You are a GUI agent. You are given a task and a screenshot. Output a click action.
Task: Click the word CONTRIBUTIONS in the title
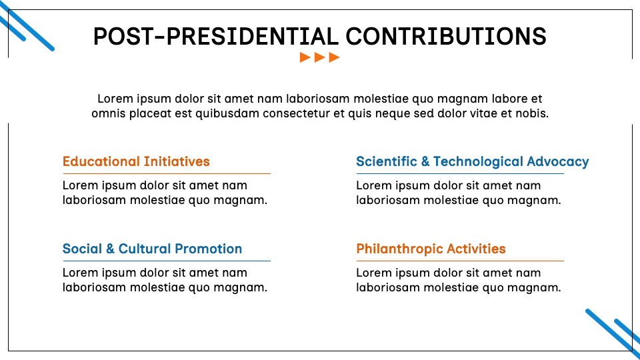click(446, 36)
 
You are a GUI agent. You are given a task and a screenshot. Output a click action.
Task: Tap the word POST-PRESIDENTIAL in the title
click(216, 36)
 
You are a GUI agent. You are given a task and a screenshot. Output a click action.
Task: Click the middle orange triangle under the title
click(320, 57)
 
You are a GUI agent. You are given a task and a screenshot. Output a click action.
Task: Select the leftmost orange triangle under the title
click(305, 57)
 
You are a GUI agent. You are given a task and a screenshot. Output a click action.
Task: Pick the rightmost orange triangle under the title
click(335, 57)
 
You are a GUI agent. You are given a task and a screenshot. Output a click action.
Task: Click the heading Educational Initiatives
click(136, 161)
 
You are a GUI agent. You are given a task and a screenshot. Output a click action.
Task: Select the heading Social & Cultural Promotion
click(152, 249)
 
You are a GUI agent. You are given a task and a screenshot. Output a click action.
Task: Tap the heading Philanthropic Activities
click(431, 249)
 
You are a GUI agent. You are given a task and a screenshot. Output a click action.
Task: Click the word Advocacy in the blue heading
click(558, 162)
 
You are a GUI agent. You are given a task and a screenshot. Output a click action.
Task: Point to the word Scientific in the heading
click(387, 161)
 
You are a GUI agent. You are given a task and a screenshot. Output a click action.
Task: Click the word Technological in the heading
click(478, 162)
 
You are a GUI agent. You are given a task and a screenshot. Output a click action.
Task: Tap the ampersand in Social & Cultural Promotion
click(110, 249)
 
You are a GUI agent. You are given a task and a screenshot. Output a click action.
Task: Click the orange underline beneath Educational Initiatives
click(167, 174)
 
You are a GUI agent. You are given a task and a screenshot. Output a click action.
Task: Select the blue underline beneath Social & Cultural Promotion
click(167, 261)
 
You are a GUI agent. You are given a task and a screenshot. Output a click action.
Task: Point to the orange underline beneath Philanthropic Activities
click(460, 261)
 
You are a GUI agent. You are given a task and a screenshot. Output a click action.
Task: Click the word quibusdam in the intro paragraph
click(227, 114)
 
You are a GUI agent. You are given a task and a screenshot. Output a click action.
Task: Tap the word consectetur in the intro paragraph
click(297, 113)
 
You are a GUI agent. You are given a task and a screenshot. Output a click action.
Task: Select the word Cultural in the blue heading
click(145, 249)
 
